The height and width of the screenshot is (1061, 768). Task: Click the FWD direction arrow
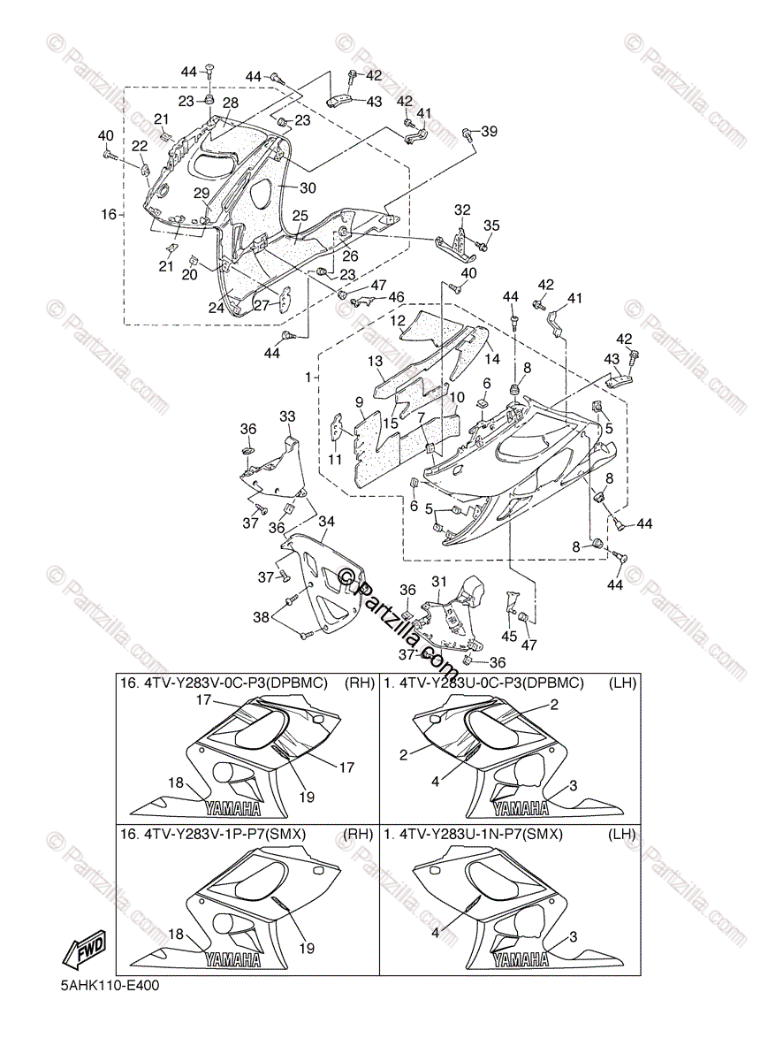[84, 951]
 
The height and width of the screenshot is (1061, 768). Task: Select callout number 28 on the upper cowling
[230, 103]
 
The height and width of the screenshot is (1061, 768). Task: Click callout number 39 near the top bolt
[488, 132]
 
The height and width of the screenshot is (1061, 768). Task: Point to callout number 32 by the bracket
[462, 210]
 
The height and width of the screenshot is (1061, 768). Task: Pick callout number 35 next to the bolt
[490, 225]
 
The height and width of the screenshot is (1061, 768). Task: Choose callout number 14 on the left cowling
[492, 359]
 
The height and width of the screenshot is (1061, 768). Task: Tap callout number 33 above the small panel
[287, 416]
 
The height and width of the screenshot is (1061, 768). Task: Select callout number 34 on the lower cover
[326, 523]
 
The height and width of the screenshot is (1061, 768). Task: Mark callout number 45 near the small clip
[508, 635]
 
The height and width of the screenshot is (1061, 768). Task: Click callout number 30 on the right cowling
[307, 187]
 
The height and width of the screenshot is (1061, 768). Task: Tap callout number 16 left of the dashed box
[109, 214]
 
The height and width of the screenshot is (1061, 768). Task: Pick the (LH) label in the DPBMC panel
[621, 683]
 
